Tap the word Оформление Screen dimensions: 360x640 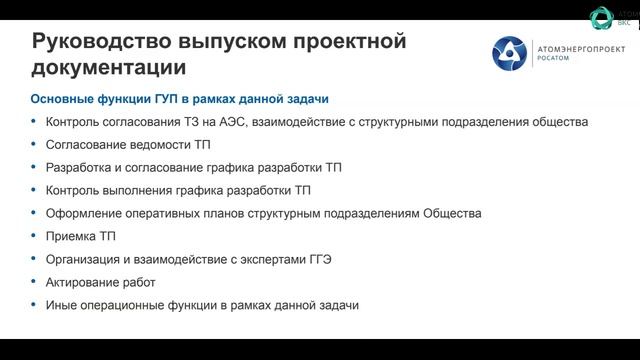[84, 213]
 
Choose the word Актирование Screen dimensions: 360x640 [84, 282]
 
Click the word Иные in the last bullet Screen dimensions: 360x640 [62, 305]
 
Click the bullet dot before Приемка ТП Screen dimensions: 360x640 [35, 237]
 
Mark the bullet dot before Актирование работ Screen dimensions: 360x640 [35, 283]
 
